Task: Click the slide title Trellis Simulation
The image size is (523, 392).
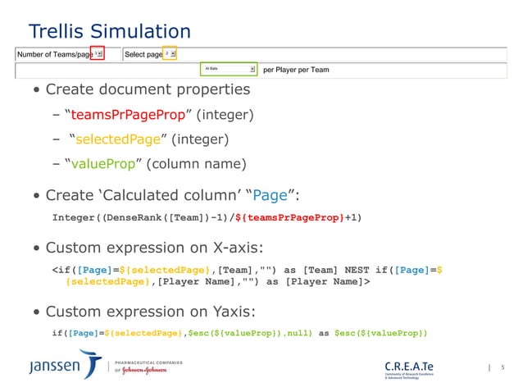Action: [x=110, y=32]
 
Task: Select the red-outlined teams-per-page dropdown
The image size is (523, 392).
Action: [x=98, y=54]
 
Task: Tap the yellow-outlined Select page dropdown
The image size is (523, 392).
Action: [x=169, y=54]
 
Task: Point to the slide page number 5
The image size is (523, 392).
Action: [x=503, y=368]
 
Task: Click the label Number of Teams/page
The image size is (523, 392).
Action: [x=55, y=55]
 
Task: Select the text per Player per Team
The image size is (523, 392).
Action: [x=296, y=71]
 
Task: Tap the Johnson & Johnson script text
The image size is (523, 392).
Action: [x=145, y=370]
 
